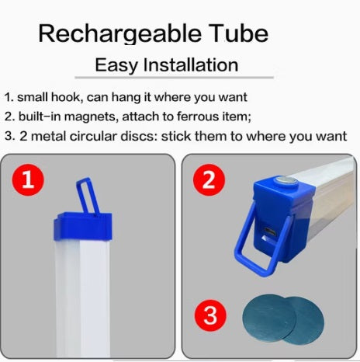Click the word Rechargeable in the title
[x=119, y=34]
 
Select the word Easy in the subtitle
[x=116, y=65]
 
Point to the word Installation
[x=191, y=64]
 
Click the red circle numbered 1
[x=28, y=179]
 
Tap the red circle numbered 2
[x=209, y=179]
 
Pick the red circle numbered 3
[x=210, y=315]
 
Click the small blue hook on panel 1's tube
[x=88, y=196]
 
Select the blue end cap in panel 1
[x=83, y=226]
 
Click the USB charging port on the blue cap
[x=270, y=231]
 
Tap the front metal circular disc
[x=269, y=317]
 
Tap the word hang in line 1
[x=126, y=98]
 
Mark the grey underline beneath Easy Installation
[x=174, y=77]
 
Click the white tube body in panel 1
[x=82, y=298]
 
